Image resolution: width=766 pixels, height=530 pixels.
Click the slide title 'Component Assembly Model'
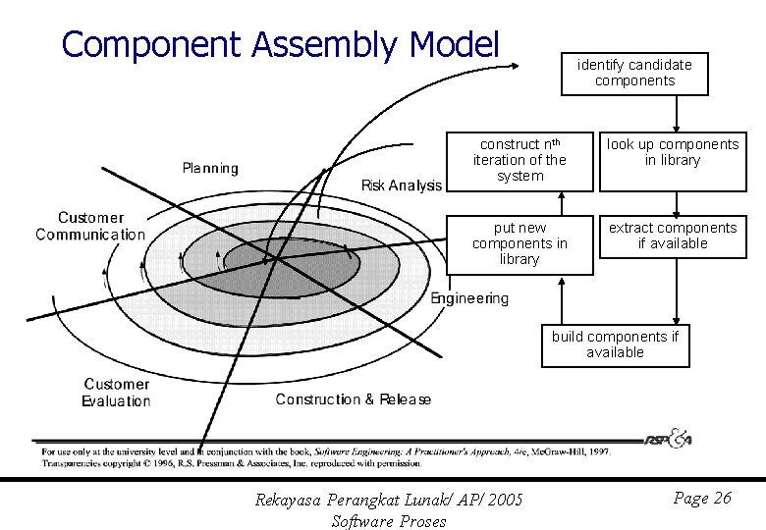coord(280,44)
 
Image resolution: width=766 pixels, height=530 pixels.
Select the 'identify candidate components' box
coord(634,73)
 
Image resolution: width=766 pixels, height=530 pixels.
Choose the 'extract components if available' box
coord(673,237)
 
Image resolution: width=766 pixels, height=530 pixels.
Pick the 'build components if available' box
coord(615,344)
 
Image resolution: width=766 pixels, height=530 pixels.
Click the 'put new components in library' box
coord(520,243)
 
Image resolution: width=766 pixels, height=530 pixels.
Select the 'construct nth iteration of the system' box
coord(520,160)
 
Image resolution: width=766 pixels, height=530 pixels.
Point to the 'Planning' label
coord(210,168)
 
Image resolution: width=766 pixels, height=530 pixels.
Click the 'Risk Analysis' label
coord(402,185)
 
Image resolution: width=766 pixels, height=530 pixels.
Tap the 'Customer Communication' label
coord(90,226)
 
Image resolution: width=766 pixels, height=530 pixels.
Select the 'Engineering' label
coord(469,298)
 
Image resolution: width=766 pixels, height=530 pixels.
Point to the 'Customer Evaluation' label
coord(116,393)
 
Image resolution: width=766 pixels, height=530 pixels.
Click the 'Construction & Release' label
coord(353,399)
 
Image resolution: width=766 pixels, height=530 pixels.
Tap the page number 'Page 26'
coord(702,499)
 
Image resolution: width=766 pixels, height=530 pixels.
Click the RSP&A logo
coord(669,439)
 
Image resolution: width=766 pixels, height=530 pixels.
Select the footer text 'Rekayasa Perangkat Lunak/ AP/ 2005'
coord(389,501)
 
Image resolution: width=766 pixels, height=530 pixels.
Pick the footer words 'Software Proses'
coord(389,521)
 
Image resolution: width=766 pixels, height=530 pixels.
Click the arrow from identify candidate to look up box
coord(675,112)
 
